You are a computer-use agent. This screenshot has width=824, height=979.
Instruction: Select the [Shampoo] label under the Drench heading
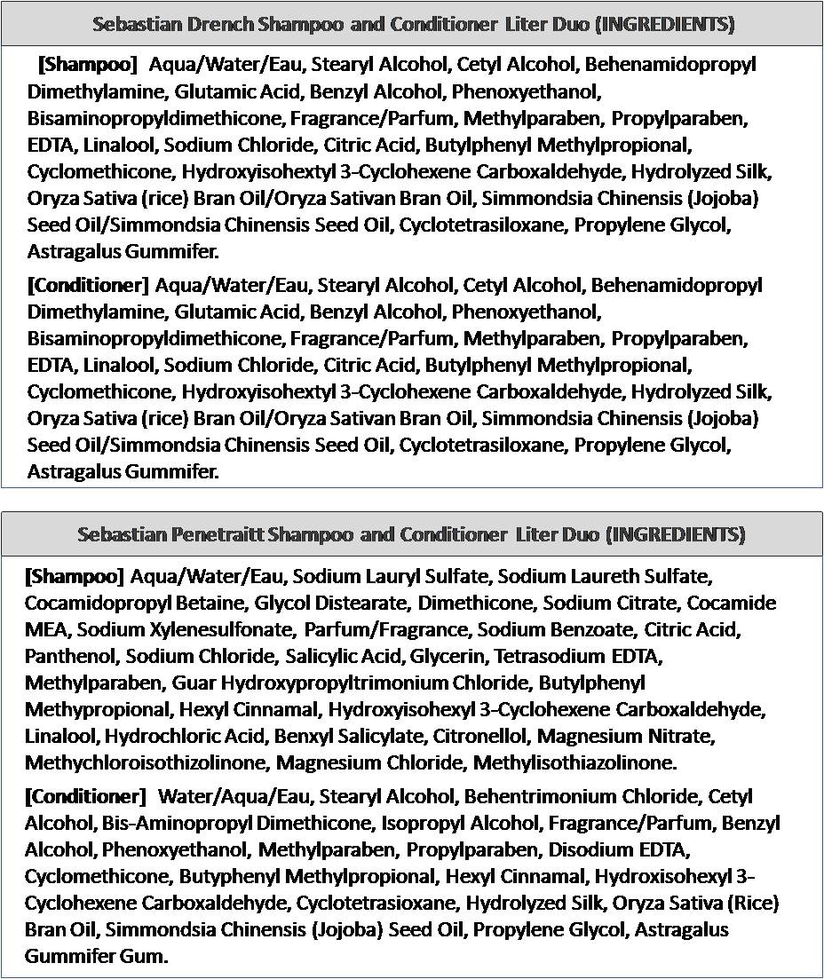pos(88,65)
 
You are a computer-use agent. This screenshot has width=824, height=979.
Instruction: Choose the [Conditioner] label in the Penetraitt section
pos(85,796)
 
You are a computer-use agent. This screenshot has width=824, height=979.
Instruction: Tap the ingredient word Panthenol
pos(71,657)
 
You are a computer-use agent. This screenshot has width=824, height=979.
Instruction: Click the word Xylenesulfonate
pos(216,630)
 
